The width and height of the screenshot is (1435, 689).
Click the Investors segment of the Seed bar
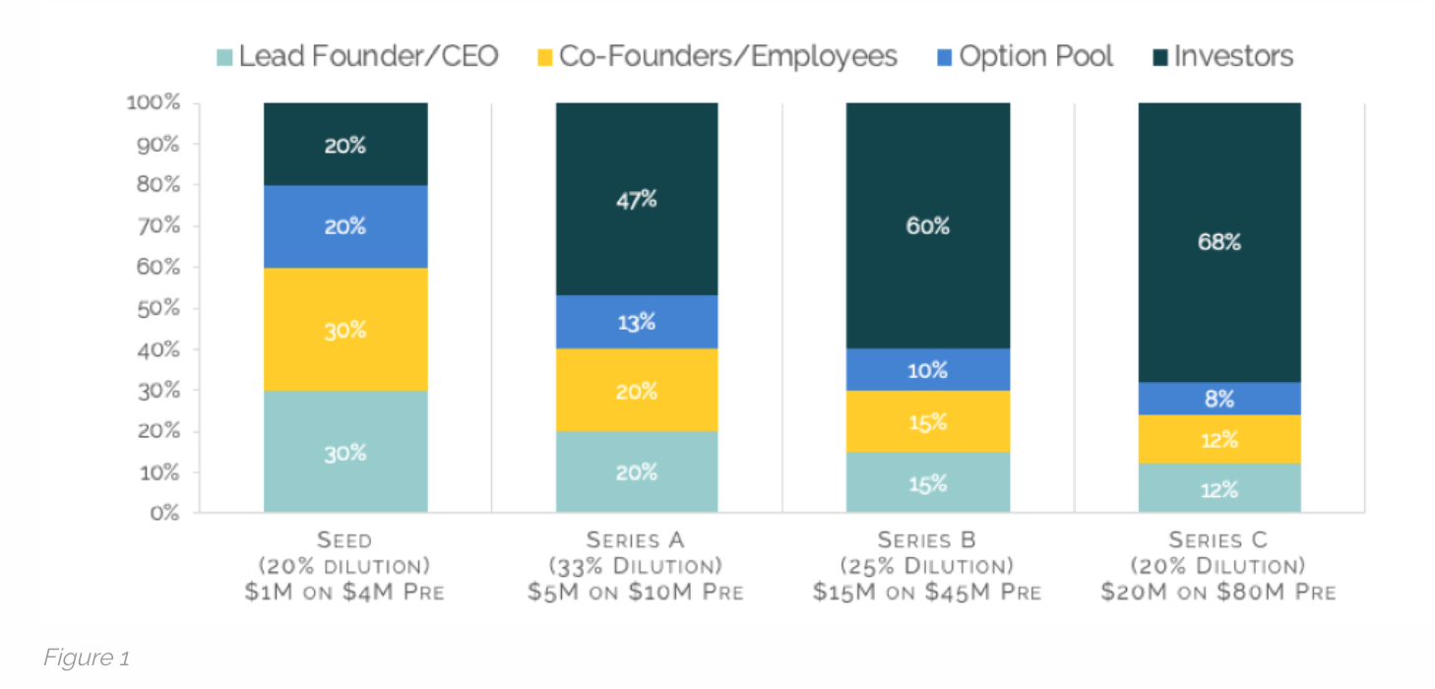click(345, 145)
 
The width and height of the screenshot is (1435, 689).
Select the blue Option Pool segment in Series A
click(637, 322)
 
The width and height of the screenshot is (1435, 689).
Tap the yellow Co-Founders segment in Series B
click(927, 421)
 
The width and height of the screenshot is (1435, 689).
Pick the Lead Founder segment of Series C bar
click(1218, 488)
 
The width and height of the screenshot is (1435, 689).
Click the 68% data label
click(1218, 241)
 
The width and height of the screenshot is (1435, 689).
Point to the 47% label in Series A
click(637, 200)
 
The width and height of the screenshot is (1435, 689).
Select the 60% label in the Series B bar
click(927, 226)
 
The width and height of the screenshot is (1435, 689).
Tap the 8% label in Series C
click(1218, 399)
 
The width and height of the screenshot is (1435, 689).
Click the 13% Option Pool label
click(637, 322)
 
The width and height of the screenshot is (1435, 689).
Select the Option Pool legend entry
click(1024, 57)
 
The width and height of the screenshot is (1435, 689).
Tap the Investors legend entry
click(1220, 57)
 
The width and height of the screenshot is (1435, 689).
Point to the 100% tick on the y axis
click(153, 103)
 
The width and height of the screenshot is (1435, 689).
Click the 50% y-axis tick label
click(157, 308)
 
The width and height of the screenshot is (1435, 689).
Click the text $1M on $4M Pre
click(345, 592)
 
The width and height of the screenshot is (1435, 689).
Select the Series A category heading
click(637, 540)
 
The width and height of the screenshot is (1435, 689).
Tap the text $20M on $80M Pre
click(1218, 592)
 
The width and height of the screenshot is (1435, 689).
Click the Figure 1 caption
click(86, 658)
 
